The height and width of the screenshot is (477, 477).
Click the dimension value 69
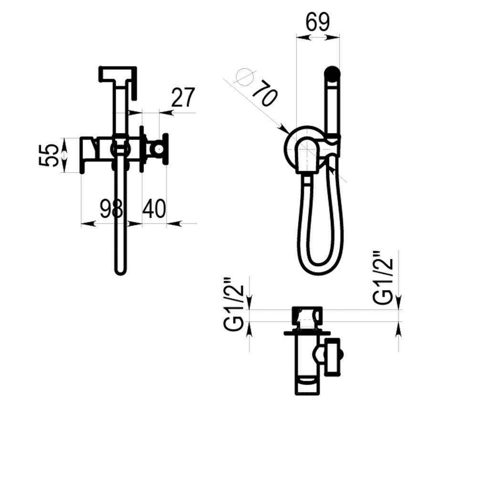pyautogui.click(x=318, y=22)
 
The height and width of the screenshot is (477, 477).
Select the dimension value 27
pyautogui.click(x=183, y=98)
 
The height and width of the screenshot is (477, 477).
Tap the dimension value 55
pyautogui.click(x=49, y=155)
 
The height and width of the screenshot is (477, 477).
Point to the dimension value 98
pyautogui.click(x=111, y=209)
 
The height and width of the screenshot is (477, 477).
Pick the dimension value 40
pyautogui.click(x=154, y=209)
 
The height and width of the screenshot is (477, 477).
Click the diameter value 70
pyautogui.click(x=265, y=93)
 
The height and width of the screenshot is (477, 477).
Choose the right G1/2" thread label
pyautogui.click(x=383, y=278)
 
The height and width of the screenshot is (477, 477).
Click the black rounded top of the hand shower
pyautogui.click(x=332, y=73)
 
